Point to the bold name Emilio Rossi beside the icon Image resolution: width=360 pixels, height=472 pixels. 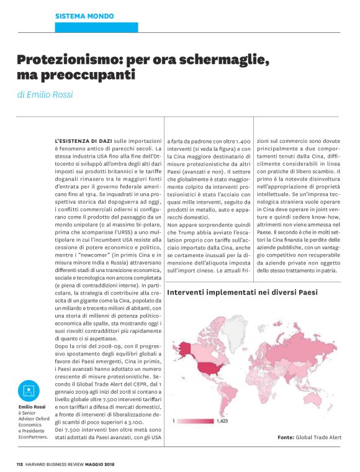30,407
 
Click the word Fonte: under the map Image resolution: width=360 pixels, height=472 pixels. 286,437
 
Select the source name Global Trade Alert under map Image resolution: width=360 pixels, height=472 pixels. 318,437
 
